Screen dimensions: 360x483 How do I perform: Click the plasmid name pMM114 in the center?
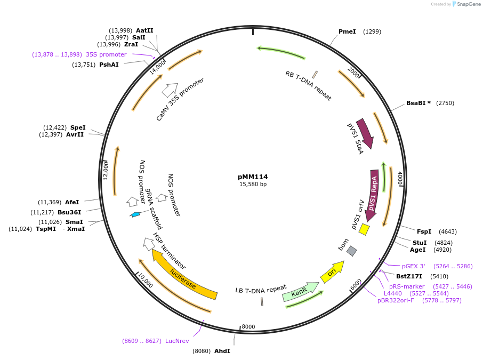[x=253, y=177]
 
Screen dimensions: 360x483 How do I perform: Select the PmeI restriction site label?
[x=347, y=31]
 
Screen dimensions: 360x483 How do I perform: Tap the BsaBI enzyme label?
[x=418, y=103]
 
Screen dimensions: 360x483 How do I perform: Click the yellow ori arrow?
[x=332, y=272]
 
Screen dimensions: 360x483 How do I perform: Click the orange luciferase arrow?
[x=184, y=275]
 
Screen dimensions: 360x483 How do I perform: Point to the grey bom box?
[x=351, y=250]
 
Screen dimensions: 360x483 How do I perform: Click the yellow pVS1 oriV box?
[x=364, y=229]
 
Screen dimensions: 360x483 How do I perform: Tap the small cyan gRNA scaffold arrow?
[x=136, y=214]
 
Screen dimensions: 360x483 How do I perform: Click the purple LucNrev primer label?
[x=177, y=341]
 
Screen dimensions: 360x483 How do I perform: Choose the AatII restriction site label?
[x=144, y=30]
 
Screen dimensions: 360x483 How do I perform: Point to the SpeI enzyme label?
[x=78, y=127]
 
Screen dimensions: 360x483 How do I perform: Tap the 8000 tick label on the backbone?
[x=248, y=327]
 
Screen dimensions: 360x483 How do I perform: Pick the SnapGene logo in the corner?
[x=464, y=4]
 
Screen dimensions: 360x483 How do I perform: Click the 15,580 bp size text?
[x=253, y=185]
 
